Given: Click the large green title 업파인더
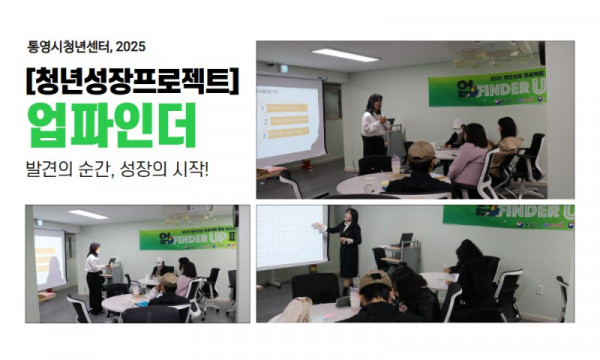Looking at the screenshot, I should tap(110, 127).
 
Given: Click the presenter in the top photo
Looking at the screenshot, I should tap(375, 125).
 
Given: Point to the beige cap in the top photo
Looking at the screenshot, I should tap(421, 151).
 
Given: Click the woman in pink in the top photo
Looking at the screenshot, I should tap(470, 155).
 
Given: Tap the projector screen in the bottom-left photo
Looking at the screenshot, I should tap(49, 258).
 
